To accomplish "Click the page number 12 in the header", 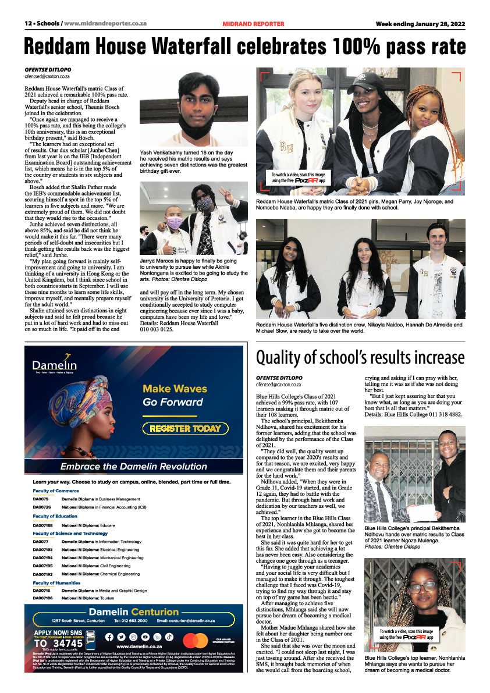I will [x=27, y=24].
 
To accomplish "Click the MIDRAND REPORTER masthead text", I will [x=253, y=24].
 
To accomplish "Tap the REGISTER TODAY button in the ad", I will [x=185, y=429].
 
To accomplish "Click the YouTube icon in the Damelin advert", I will [x=145, y=637].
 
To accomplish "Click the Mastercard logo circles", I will [x=195, y=640].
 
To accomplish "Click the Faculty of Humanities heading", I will [x=56, y=582].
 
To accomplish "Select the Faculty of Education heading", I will [x=55, y=516].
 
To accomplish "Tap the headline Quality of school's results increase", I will [x=360, y=357].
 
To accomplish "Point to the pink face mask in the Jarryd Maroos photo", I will [x=174, y=223].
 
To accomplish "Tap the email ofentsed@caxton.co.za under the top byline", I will [x=47, y=76].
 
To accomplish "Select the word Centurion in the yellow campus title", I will [x=155, y=612].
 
